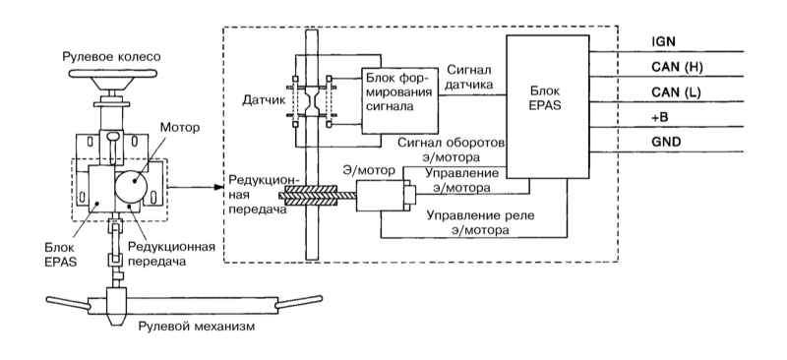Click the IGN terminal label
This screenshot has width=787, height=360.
tap(662, 42)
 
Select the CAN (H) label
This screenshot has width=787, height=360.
tap(676, 67)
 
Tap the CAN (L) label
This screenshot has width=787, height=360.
tap(676, 92)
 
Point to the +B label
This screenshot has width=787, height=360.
tap(659, 117)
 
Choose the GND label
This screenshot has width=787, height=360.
tap(666, 142)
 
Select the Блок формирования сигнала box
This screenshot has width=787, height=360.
tap(399, 100)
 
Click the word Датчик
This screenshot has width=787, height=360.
tap(264, 100)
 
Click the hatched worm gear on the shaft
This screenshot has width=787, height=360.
tap(311, 195)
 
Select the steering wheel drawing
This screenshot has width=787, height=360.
tap(112, 74)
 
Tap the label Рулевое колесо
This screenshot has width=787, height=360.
tap(111, 57)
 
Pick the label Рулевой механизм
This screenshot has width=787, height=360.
tap(196, 327)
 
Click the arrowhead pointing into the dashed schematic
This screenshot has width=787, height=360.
tap(218, 187)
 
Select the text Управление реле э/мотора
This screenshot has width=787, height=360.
tap(480, 223)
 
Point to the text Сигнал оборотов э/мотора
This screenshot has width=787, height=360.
tap(452, 150)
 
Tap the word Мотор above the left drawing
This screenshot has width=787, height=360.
tap(180, 128)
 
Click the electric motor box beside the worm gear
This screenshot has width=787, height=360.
tap(380, 196)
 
